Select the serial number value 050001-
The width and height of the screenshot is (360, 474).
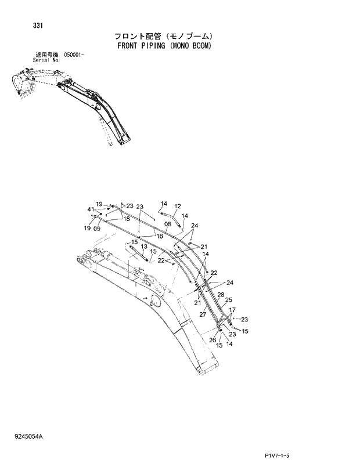click(x=74, y=54)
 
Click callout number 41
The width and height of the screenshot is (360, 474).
click(x=91, y=209)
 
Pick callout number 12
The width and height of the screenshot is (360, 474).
click(x=178, y=206)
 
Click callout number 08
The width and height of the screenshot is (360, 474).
click(x=167, y=223)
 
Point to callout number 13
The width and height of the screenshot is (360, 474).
click(x=143, y=247)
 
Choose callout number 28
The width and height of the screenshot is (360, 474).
click(x=221, y=295)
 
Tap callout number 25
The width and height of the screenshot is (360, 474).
click(x=229, y=300)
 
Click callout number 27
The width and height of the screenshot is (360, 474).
click(x=203, y=314)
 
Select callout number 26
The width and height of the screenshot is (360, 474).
click(x=212, y=340)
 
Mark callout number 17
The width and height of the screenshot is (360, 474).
click(x=232, y=310)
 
